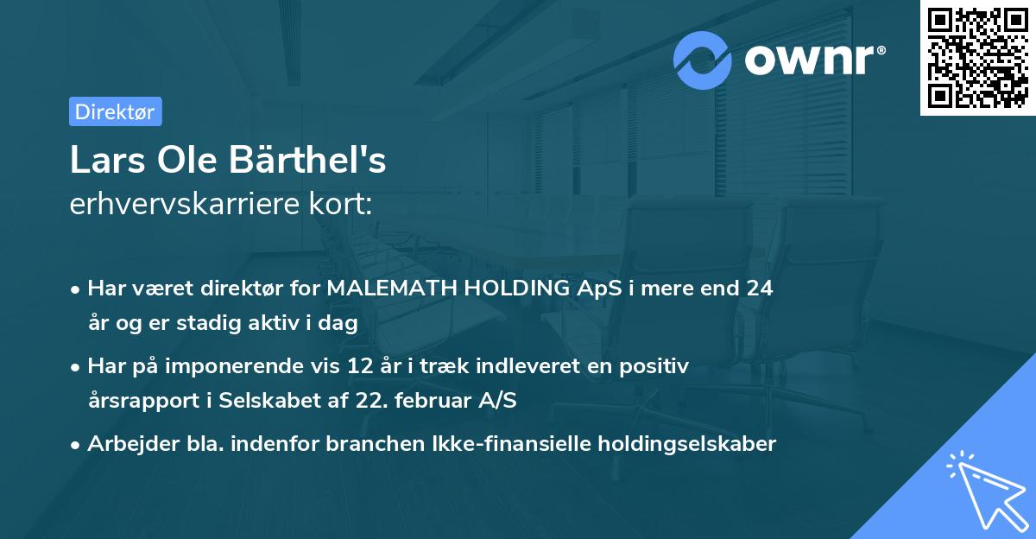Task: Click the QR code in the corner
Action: (977, 58)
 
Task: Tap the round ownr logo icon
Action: (703, 60)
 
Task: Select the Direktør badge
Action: (115, 111)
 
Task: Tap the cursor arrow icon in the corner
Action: (984, 489)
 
